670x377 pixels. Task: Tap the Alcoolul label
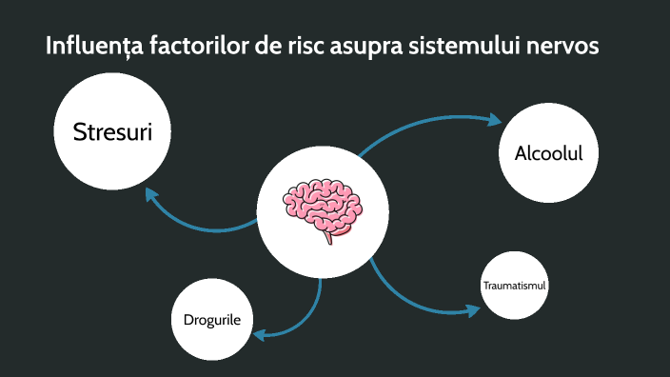[x=548, y=153]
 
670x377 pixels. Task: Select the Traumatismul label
[x=515, y=286]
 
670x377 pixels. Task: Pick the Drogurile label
[x=212, y=319]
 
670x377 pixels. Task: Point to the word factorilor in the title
[x=191, y=47]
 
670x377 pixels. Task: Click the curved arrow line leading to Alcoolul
[x=409, y=126]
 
